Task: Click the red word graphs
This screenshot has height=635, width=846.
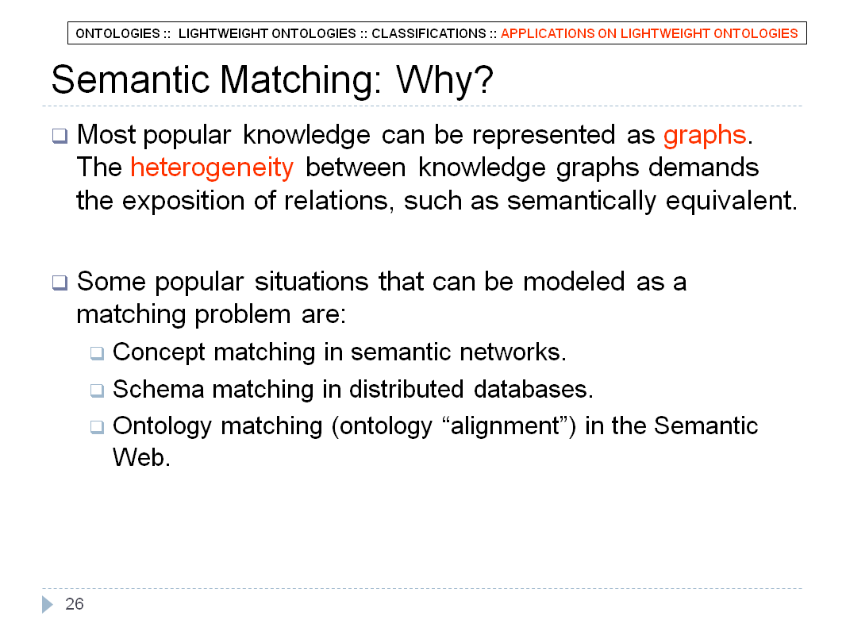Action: pos(705,136)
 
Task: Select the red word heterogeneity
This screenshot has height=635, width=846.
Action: pos(212,168)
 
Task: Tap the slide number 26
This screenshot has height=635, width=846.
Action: pos(75,604)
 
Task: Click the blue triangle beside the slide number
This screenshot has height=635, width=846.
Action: pos(47,604)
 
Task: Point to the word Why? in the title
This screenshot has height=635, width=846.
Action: pos(444,80)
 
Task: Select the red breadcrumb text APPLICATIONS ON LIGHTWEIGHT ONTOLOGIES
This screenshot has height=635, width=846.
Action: pos(649,33)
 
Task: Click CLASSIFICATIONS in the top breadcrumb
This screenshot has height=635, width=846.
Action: pos(429,33)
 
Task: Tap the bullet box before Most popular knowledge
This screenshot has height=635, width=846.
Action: pos(60,136)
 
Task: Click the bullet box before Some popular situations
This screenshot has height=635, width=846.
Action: pos(60,282)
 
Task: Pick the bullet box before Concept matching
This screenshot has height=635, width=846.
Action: pos(97,353)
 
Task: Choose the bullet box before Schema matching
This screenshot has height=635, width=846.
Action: pos(97,390)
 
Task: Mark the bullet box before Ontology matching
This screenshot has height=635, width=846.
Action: pos(97,427)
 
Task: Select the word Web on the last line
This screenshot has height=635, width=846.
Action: pos(141,457)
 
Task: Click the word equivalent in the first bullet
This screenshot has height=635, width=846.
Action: pos(731,202)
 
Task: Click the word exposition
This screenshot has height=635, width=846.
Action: pos(183,202)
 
